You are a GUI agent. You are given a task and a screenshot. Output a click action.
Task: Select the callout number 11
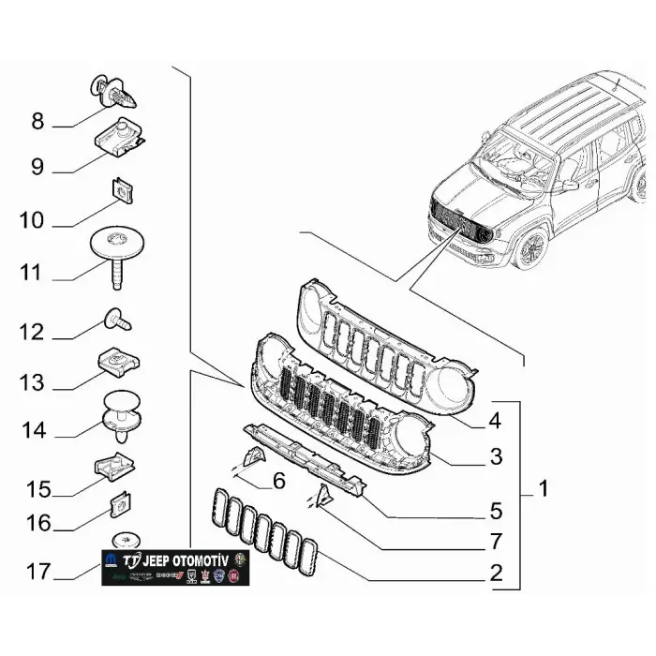[31, 273]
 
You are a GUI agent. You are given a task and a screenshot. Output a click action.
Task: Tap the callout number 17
[37, 570]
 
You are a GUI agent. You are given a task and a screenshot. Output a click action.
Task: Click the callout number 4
[494, 422]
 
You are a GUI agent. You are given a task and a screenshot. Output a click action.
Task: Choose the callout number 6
[277, 482]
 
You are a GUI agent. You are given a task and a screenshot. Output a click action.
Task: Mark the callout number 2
[495, 572]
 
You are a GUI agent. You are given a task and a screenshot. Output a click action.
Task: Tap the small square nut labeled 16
[120, 504]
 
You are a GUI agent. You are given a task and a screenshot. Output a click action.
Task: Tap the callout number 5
[495, 512]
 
